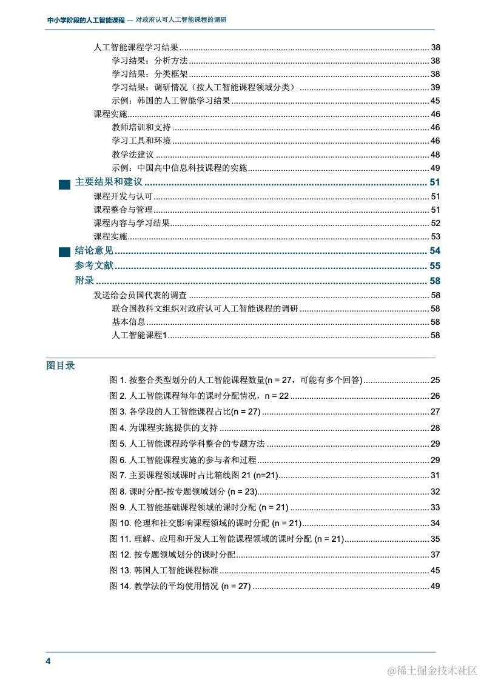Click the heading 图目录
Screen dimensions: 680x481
[x=61, y=365]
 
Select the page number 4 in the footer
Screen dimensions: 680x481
[x=49, y=661]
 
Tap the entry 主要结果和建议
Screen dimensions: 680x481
[x=109, y=182]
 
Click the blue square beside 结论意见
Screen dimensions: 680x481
[x=64, y=252]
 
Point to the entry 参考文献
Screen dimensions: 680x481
[x=94, y=265]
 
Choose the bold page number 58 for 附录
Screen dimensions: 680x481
[x=434, y=281]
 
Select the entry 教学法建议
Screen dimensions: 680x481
[x=133, y=155]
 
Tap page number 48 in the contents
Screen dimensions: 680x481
[x=435, y=155]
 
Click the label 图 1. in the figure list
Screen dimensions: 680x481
[x=118, y=380]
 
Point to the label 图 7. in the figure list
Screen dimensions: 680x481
[x=118, y=475]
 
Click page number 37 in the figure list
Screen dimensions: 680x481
[x=435, y=555]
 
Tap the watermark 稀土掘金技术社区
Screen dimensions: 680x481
[x=433, y=670]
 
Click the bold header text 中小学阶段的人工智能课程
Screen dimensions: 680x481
[x=86, y=20]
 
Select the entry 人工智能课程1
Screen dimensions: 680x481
[x=139, y=335]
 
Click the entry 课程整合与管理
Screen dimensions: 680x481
[x=123, y=210]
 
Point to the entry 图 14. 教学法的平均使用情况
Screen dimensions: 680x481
[x=180, y=586]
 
